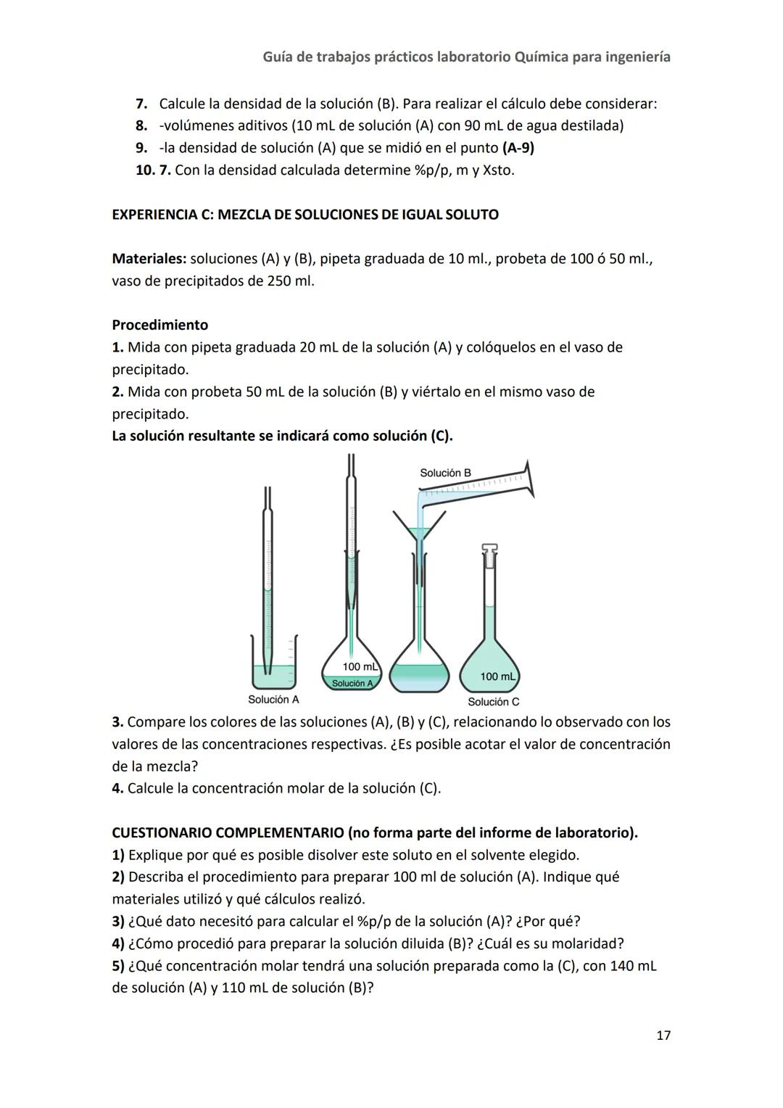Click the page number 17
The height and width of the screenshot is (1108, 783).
[x=663, y=1035]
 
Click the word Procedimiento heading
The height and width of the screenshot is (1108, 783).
[x=159, y=325]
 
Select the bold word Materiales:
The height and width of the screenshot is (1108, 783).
[x=149, y=259]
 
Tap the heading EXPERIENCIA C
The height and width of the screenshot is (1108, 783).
[x=304, y=215]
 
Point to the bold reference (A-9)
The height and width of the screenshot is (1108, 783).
[x=518, y=148]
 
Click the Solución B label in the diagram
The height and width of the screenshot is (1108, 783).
[x=445, y=473]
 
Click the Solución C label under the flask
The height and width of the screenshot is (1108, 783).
[x=493, y=702]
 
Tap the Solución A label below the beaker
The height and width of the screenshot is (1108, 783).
[x=273, y=700]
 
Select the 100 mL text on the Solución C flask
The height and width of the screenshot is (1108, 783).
[x=498, y=677]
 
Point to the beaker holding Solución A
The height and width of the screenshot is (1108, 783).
[x=274, y=663]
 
